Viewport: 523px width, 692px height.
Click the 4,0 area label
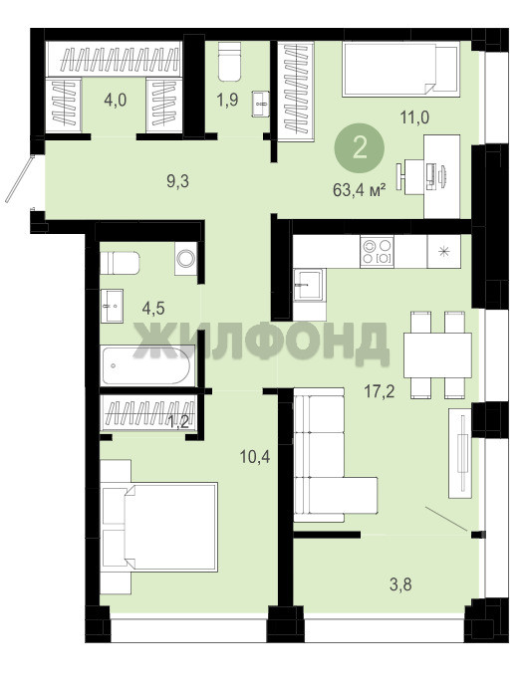(115, 101)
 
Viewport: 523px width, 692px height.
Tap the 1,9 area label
(227, 100)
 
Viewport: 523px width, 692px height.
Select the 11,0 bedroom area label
(414, 117)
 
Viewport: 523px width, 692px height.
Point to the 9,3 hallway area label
(177, 181)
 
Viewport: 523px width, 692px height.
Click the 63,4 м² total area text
(360, 190)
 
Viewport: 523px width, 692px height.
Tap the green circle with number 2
(360, 147)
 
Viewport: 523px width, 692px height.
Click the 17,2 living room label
(380, 391)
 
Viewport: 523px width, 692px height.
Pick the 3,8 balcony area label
(400, 584)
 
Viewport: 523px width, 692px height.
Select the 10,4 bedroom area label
(255, 457)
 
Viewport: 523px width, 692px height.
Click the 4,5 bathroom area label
(153, 308)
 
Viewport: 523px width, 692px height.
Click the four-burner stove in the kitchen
(377, 251)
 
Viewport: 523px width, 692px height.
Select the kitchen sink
(309, 285)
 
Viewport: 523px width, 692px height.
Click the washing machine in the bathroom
(185, 259)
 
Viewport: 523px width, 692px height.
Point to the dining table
(437, 355)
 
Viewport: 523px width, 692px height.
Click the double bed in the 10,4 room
(159, 527)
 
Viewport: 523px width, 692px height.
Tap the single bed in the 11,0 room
(401, 69)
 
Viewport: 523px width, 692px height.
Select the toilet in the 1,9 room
(229, 62)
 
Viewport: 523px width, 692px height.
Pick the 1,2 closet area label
(178, 424)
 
